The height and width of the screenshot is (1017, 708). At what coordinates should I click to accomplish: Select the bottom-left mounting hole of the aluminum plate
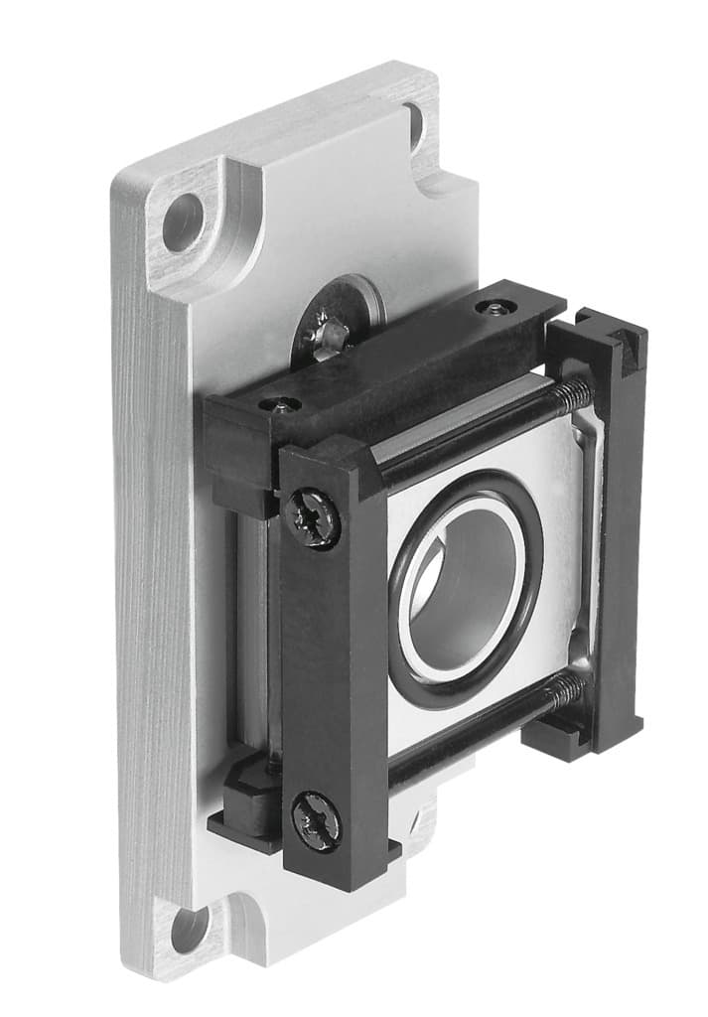[188, 929]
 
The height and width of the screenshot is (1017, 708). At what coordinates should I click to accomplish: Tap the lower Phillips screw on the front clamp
[316, 821]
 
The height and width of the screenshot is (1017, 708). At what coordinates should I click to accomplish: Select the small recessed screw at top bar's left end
[279, 405]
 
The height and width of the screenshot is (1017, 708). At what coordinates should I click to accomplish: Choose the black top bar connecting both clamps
[397, 367]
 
